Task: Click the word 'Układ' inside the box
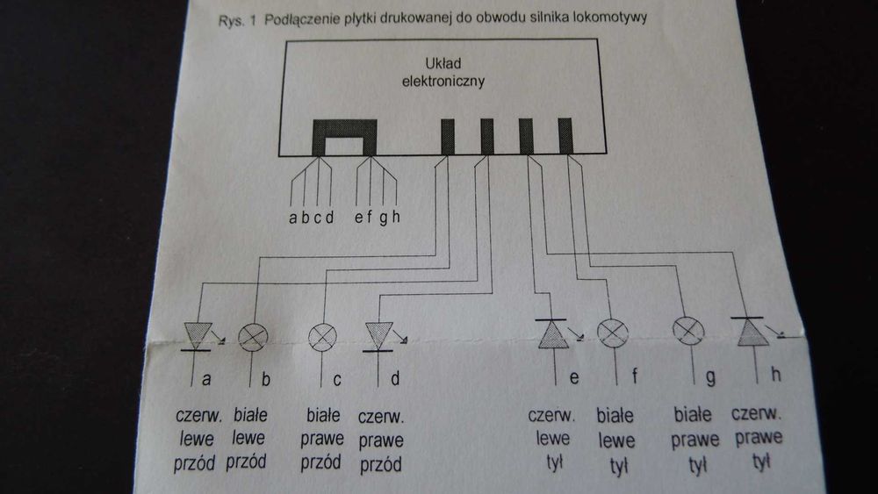click(443, 64)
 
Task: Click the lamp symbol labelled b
click(255, 336)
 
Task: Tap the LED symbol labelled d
click(378, 335)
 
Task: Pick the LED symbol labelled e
click(553, 334)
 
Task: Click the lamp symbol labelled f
click(613, 333)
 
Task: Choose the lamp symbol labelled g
click(687, 330)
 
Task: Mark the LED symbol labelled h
click(748, 331)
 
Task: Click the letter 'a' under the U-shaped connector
click(292, 218)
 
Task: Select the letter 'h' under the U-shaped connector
click(396, 218)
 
